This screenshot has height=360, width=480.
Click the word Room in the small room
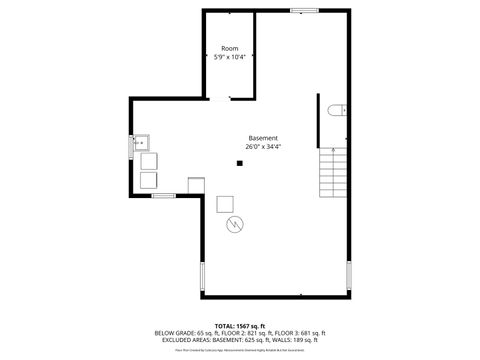pos(230,48)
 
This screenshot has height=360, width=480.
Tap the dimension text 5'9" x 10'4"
pos(230,57)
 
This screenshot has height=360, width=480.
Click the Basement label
pos(263,138)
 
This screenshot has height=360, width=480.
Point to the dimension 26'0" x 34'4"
pos(263,147)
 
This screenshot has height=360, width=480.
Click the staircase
pos(333,172)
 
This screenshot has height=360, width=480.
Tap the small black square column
pos(240,163)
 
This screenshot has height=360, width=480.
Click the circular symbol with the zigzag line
pos(236,224)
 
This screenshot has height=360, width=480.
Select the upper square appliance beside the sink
pos(149,161)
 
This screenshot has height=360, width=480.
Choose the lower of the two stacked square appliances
pos(149,179)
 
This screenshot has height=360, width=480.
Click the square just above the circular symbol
pos(225,203)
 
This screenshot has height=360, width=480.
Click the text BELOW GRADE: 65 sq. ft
pos(186,333)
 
